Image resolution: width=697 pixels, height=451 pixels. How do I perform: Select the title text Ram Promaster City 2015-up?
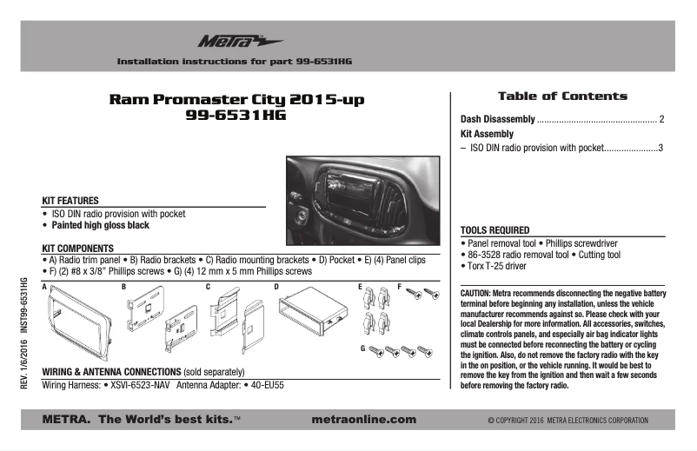236,100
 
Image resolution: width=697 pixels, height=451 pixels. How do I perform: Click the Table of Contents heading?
561,96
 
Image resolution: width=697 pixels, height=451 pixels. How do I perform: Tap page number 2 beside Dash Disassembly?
661,119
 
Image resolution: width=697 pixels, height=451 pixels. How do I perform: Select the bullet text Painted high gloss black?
100,225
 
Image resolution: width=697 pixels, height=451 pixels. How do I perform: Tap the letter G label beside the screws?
362,348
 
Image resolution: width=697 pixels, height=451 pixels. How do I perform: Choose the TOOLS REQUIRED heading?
495,230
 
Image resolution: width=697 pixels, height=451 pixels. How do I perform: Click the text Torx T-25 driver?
496,266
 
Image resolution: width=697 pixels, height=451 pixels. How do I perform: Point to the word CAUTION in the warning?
475,295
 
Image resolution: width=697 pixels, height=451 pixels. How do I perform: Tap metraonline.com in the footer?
362,420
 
